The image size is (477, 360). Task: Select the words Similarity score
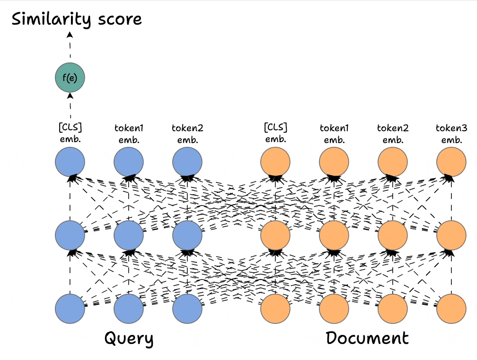pyautogui.click(x=77, y=19)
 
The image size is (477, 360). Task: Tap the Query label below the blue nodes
pyautogui.click(x=129, y=339)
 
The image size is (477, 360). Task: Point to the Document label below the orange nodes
pyautogui.click(x=367, y=338)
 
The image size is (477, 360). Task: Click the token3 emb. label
pyautogui.click(x=451, y=134)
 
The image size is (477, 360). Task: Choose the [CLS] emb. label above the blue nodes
pyautogui.click(x=70, y=134)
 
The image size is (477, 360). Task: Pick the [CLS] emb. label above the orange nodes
pyautogui.click(x=275, y=134)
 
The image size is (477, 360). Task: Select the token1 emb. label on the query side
pyautogui.click(x=129, y=134)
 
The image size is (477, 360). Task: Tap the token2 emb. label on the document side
pyautogui.click(x=393, y=134)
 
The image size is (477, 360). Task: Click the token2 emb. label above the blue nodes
pyautogui.click(x=187, y=134)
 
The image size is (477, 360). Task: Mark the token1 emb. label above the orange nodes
pyautogui.click(x=334, y=134)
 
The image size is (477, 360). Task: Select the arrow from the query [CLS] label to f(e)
pyautogui.click(x=70, y=105)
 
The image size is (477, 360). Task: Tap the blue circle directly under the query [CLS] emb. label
pyautogui.click(x=70, y=162)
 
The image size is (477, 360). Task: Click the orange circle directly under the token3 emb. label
pyautogui.click(x=451, y=162)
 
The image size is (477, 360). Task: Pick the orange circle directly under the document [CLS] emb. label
pyautogui.click(x=275, y=162)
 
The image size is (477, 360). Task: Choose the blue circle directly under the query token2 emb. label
pyautogui.click(x=187, y=162)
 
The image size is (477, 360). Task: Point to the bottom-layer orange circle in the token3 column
pyautogui.click(x=451, y=308)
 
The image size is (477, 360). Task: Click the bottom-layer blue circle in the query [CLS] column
pyautogui.click(x=70, y=308)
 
